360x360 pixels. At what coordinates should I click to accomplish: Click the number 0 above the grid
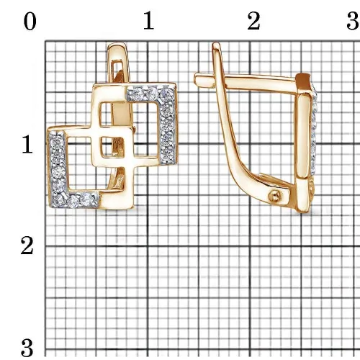tap(30, 22)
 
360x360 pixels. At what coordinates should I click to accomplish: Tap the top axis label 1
tap(148, 21)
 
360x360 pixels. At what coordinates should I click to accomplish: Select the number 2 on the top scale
tap(253, 21)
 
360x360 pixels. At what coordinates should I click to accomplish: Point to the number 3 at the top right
tap(353, 21)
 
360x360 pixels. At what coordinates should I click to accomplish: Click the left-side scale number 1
tap(27, 144)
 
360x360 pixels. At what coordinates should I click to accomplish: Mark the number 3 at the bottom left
tap(27, 348)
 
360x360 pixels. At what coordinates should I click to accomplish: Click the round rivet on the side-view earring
tap(274, 197)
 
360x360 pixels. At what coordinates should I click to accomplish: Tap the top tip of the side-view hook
tap(216, 44)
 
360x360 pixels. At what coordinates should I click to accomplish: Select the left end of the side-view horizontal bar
tap(197, 78)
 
